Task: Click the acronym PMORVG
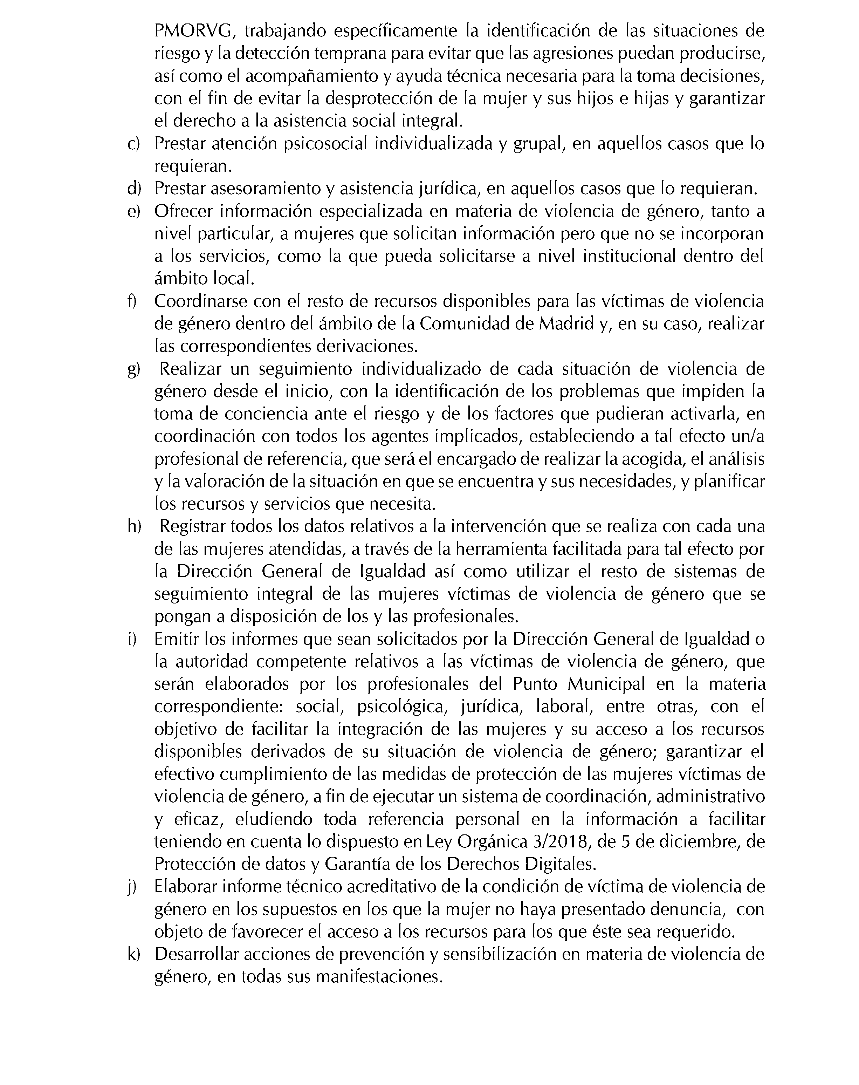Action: pos(193,31)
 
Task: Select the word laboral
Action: pos(562,707)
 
